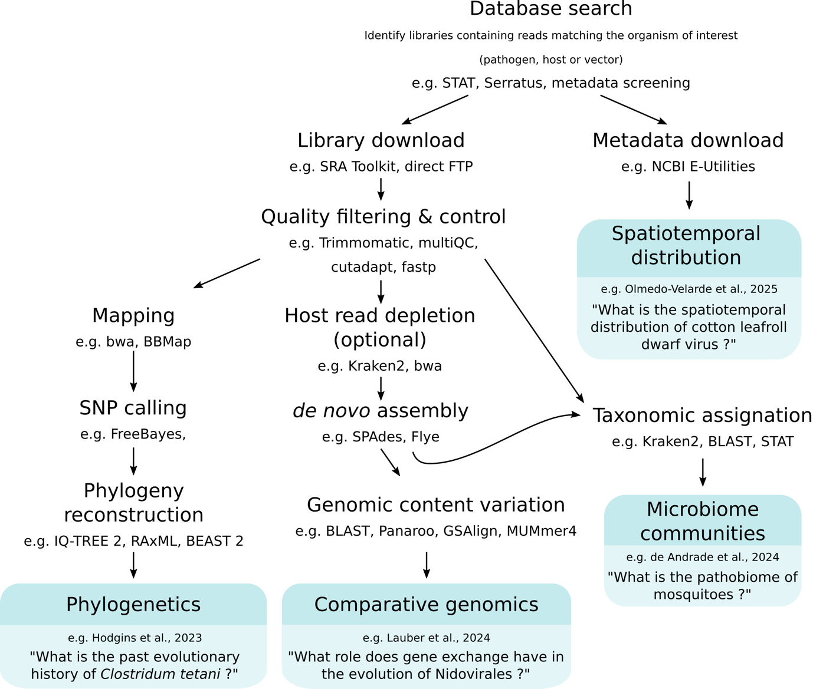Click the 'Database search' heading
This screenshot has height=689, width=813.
(550, 9)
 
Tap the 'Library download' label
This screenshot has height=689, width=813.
(381, 140)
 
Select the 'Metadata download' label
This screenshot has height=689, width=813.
(688, 140)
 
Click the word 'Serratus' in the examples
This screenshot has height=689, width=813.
(513, 83)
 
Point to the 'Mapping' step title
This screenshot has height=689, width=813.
(133, 315)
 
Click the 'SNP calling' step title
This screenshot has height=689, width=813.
(133, 408)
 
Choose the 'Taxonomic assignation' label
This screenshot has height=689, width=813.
(702, 416)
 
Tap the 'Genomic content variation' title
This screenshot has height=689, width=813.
(435, 505)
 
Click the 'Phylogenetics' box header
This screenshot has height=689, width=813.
(133, 605)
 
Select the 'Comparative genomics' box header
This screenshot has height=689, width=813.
(426, 605)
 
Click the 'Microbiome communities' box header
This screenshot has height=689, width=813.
(702, 521)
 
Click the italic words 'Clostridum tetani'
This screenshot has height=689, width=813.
(160, 674)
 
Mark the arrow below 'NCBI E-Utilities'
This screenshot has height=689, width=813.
(689, 194)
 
